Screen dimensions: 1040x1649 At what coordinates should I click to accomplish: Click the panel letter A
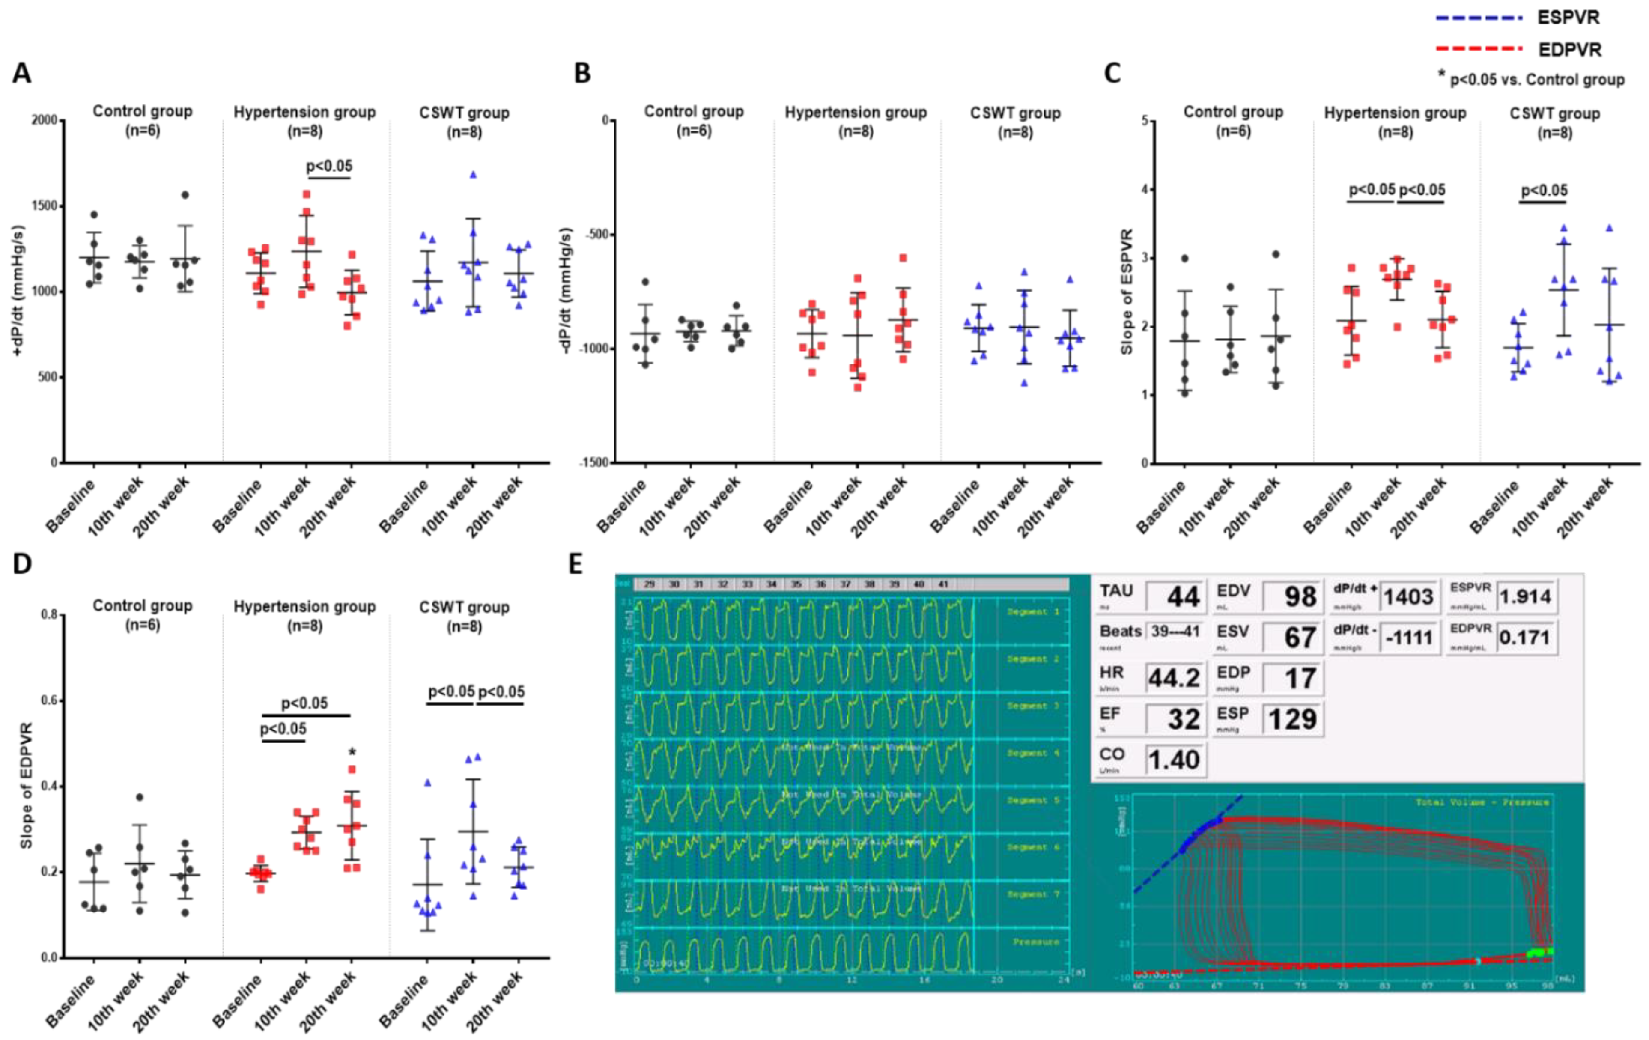22,73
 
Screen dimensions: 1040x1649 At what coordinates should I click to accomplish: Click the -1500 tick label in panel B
593,463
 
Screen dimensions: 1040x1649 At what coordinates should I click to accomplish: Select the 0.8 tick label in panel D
49,615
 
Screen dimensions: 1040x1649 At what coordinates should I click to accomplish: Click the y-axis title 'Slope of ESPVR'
1127,292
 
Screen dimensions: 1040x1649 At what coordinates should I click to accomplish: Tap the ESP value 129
1292,719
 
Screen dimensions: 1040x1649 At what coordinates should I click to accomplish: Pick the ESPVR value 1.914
1525,596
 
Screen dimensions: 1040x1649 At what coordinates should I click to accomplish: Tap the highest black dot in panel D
140,797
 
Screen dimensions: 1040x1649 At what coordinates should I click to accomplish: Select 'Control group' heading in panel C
1233,112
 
